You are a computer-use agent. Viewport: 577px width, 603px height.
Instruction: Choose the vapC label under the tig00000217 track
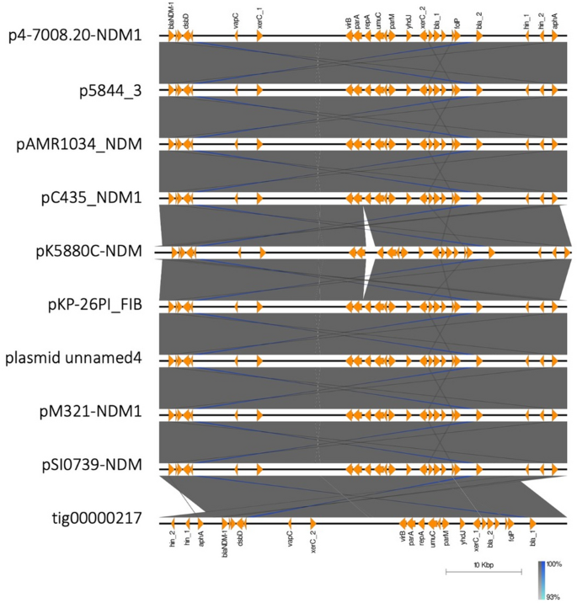point(290,538)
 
